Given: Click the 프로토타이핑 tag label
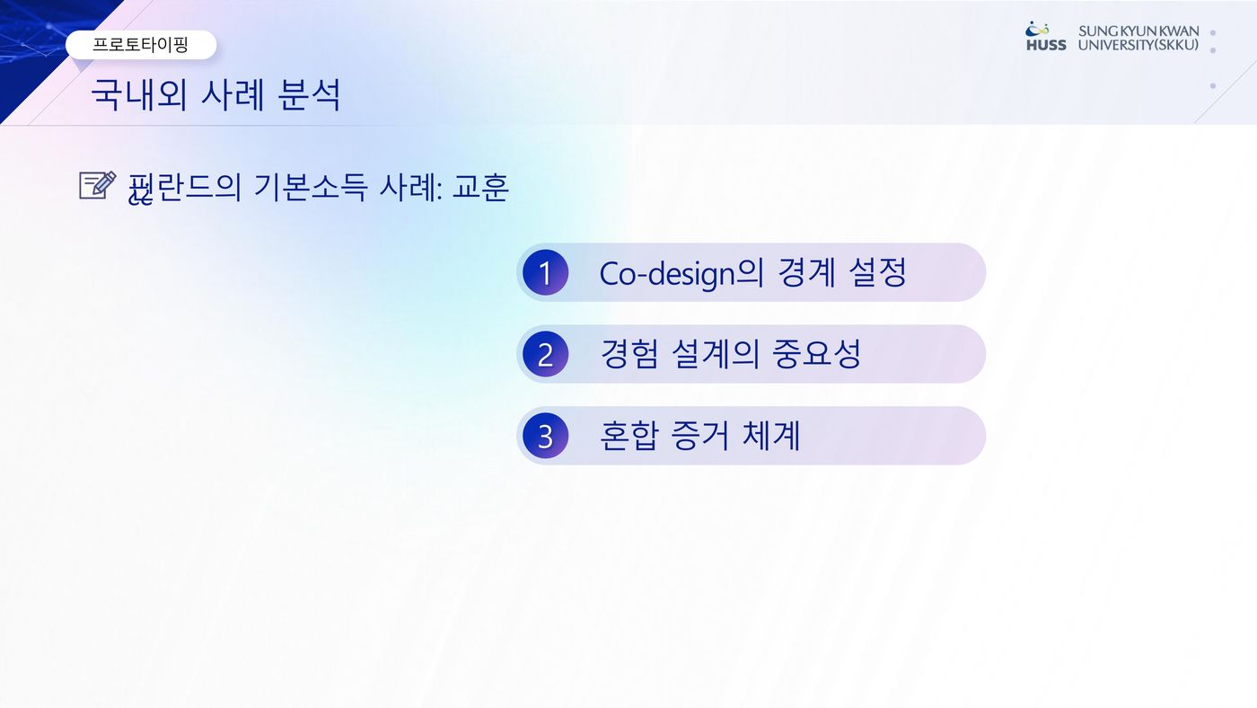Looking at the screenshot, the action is click(x=140, y=44).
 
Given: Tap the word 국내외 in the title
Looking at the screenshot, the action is click(x=138, y=94).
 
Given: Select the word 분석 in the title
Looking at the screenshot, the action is click(x=309, y=94).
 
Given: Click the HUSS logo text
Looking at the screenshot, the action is click(x=1046, y=45).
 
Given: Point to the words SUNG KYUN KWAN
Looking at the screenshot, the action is click(x=1138, y=31).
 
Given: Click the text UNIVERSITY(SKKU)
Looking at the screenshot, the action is click(x=1138, y=45).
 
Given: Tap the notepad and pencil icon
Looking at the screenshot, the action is click(x=98, y=185).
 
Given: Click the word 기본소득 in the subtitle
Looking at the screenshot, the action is click(x=310, y=187).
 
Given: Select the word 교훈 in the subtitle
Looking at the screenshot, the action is click(x=481, y=187).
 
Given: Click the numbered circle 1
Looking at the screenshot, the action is click(x=546, y=273).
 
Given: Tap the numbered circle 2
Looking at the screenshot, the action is click(x=546, y=354).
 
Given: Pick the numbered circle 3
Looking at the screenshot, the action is click(x=546, y=436).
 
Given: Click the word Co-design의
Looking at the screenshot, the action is click(x=681, y=273).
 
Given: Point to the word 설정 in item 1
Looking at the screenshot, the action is click(x=878, y=272).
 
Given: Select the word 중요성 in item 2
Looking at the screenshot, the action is click(x=816, y=354).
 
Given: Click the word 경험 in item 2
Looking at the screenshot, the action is click(x=628, y=354).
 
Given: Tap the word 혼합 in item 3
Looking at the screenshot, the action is click(x=628, y=435).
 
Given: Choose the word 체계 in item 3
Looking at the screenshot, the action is click(x=771, y=435).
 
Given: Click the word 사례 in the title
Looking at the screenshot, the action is click(x=233, y=94).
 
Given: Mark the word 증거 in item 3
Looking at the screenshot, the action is click(x=699, y=435).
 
